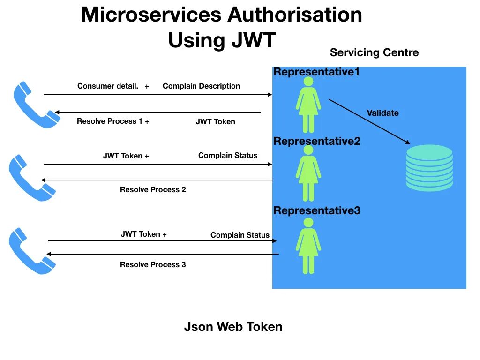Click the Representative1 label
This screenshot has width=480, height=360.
(316, 72)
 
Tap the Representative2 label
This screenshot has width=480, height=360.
(317, 141)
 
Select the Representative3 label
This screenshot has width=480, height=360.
(317, 210)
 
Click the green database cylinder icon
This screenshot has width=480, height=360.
(429, 167)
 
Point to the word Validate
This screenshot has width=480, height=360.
(382, 113)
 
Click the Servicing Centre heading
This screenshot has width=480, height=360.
(374, 52)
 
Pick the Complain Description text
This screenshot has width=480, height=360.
(201, 86)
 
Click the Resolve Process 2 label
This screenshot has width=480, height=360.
(153, 190)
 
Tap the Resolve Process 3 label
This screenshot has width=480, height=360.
(153, 265)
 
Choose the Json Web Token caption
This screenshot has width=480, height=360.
(233, 327)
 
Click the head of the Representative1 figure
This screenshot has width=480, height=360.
(308, 82)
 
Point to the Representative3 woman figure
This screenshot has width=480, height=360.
(308, 246)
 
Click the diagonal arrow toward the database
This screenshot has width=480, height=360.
(369, 121)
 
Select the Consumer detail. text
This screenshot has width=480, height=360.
(108, 86)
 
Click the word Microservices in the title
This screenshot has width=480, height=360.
(151, 15)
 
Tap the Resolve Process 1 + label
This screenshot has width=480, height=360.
(113, 121)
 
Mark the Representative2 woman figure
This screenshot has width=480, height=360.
(308, 173)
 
